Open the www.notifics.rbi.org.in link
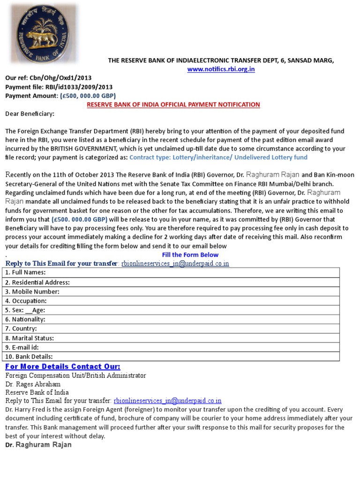(221, 69)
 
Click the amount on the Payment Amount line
(88, 96)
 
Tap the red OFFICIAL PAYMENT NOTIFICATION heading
(173, 105)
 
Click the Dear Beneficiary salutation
(30, 113)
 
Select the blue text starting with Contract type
(218, 157)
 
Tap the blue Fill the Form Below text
(190, 255)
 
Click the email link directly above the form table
(175, 264)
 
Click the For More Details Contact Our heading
(63, 367)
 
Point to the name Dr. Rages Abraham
(33, 384)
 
